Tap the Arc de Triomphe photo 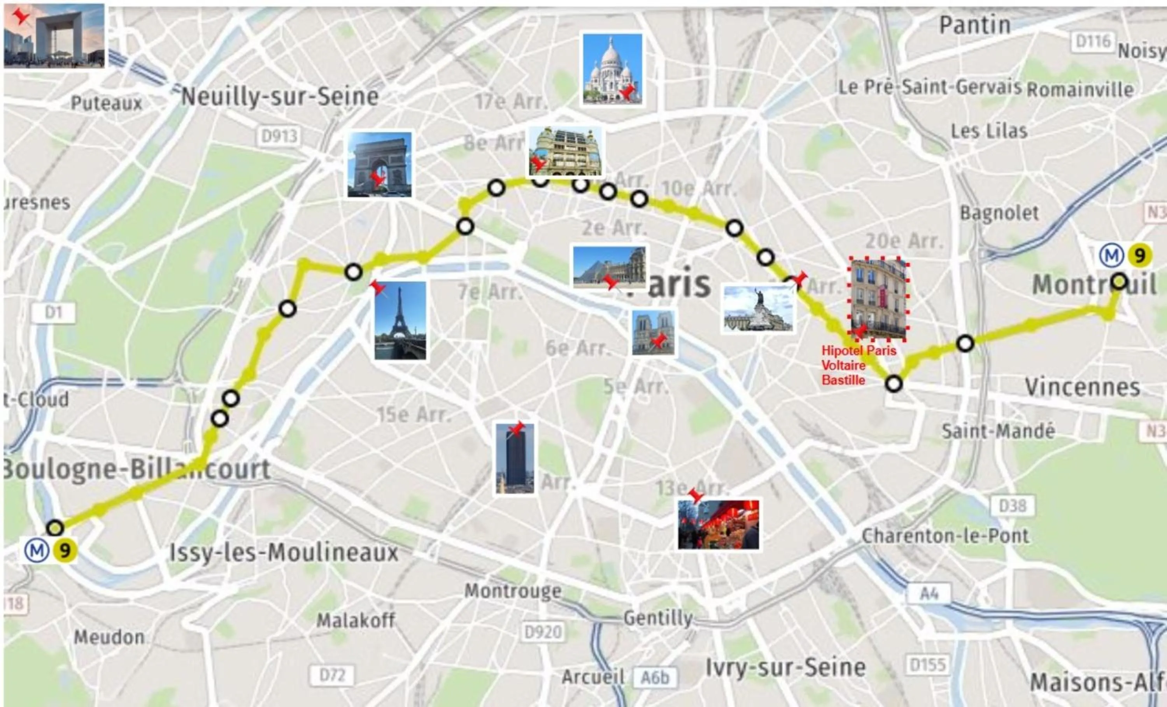click(379, 164)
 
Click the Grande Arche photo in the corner click(54, 36)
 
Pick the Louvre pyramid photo click(609, 268)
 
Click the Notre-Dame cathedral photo click(653, 333)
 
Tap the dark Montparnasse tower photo click(515, 458)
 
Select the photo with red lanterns click(718, 525)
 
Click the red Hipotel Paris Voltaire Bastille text click(858, 365)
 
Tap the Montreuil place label click(1094, 285)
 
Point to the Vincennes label click(1082, 387)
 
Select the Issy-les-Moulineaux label click(284, 553)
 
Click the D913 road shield click(279, 136)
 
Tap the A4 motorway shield click(929, 594)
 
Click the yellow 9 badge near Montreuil click(1139, 256)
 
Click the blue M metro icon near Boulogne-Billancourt click(37, 551)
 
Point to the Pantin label click(975, 25)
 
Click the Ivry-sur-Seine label click(786, 668)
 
